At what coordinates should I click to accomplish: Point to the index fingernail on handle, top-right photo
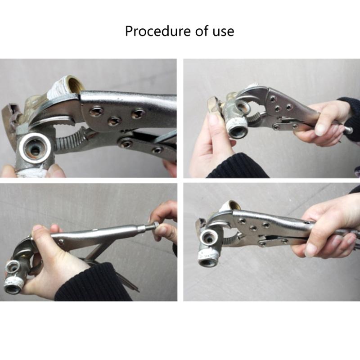pyautogui.click(x=321, y=130)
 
